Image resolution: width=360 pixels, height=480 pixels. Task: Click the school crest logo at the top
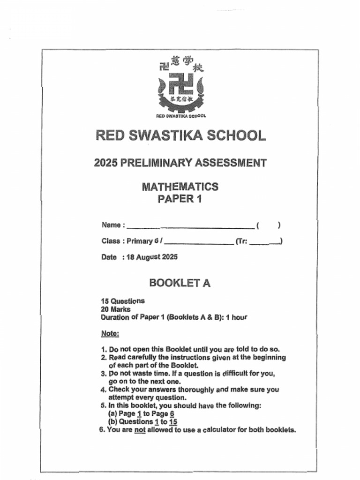181,87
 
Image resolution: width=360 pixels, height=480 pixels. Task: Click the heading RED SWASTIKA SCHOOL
180,135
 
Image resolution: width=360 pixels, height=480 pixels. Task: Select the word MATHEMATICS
180,187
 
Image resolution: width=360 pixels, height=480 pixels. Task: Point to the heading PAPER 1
180,199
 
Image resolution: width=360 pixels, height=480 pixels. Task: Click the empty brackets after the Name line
269,225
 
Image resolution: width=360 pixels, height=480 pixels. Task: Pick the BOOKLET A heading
180,283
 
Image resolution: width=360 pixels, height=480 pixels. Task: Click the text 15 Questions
123,301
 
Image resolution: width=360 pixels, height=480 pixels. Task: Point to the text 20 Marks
116,309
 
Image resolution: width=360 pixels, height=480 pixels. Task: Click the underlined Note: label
110,334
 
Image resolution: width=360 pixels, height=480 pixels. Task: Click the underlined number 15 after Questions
173,422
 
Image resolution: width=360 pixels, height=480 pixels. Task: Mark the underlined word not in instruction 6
140,430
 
